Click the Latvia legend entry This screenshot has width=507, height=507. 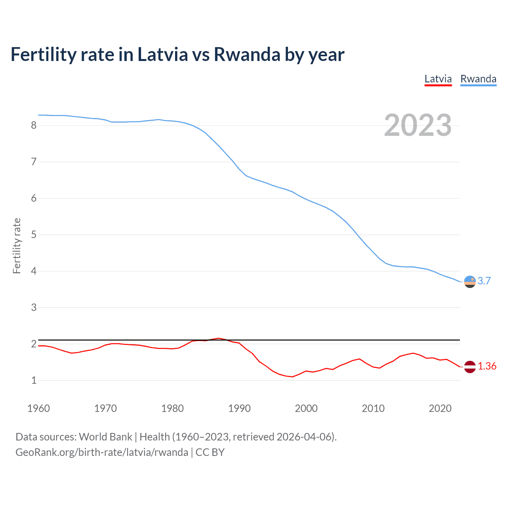click(x=438, y=79)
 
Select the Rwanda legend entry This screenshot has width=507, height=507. click(x=478, y=79)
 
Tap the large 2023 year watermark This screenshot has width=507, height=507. click(x=417, y=125)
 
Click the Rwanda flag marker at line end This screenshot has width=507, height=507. click(x=470, y=282)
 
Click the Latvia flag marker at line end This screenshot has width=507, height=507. click(x=470, y=367)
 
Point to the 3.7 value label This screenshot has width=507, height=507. click(x=484, y=281)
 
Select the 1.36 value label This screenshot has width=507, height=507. click(x=487, y=366)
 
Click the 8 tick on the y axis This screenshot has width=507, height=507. click(x=34, y=126)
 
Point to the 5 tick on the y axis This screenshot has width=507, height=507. click(x=34, y=235)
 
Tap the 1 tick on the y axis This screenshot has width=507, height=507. click(x=34, y=381)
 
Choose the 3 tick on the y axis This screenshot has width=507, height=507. click(x=34, y=308)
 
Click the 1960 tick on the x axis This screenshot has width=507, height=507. click(x=38, y=408)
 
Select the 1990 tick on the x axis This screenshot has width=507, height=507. click(x=239, y=408)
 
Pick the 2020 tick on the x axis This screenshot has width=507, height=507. click(x=440, y=408)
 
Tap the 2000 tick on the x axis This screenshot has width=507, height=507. click(x=306, y=408)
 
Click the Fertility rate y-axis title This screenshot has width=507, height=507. click(x=17, y=246)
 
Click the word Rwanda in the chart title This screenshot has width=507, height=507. click(x=247, y=55)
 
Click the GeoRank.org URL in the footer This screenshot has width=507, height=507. click(x=102, y=452)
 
